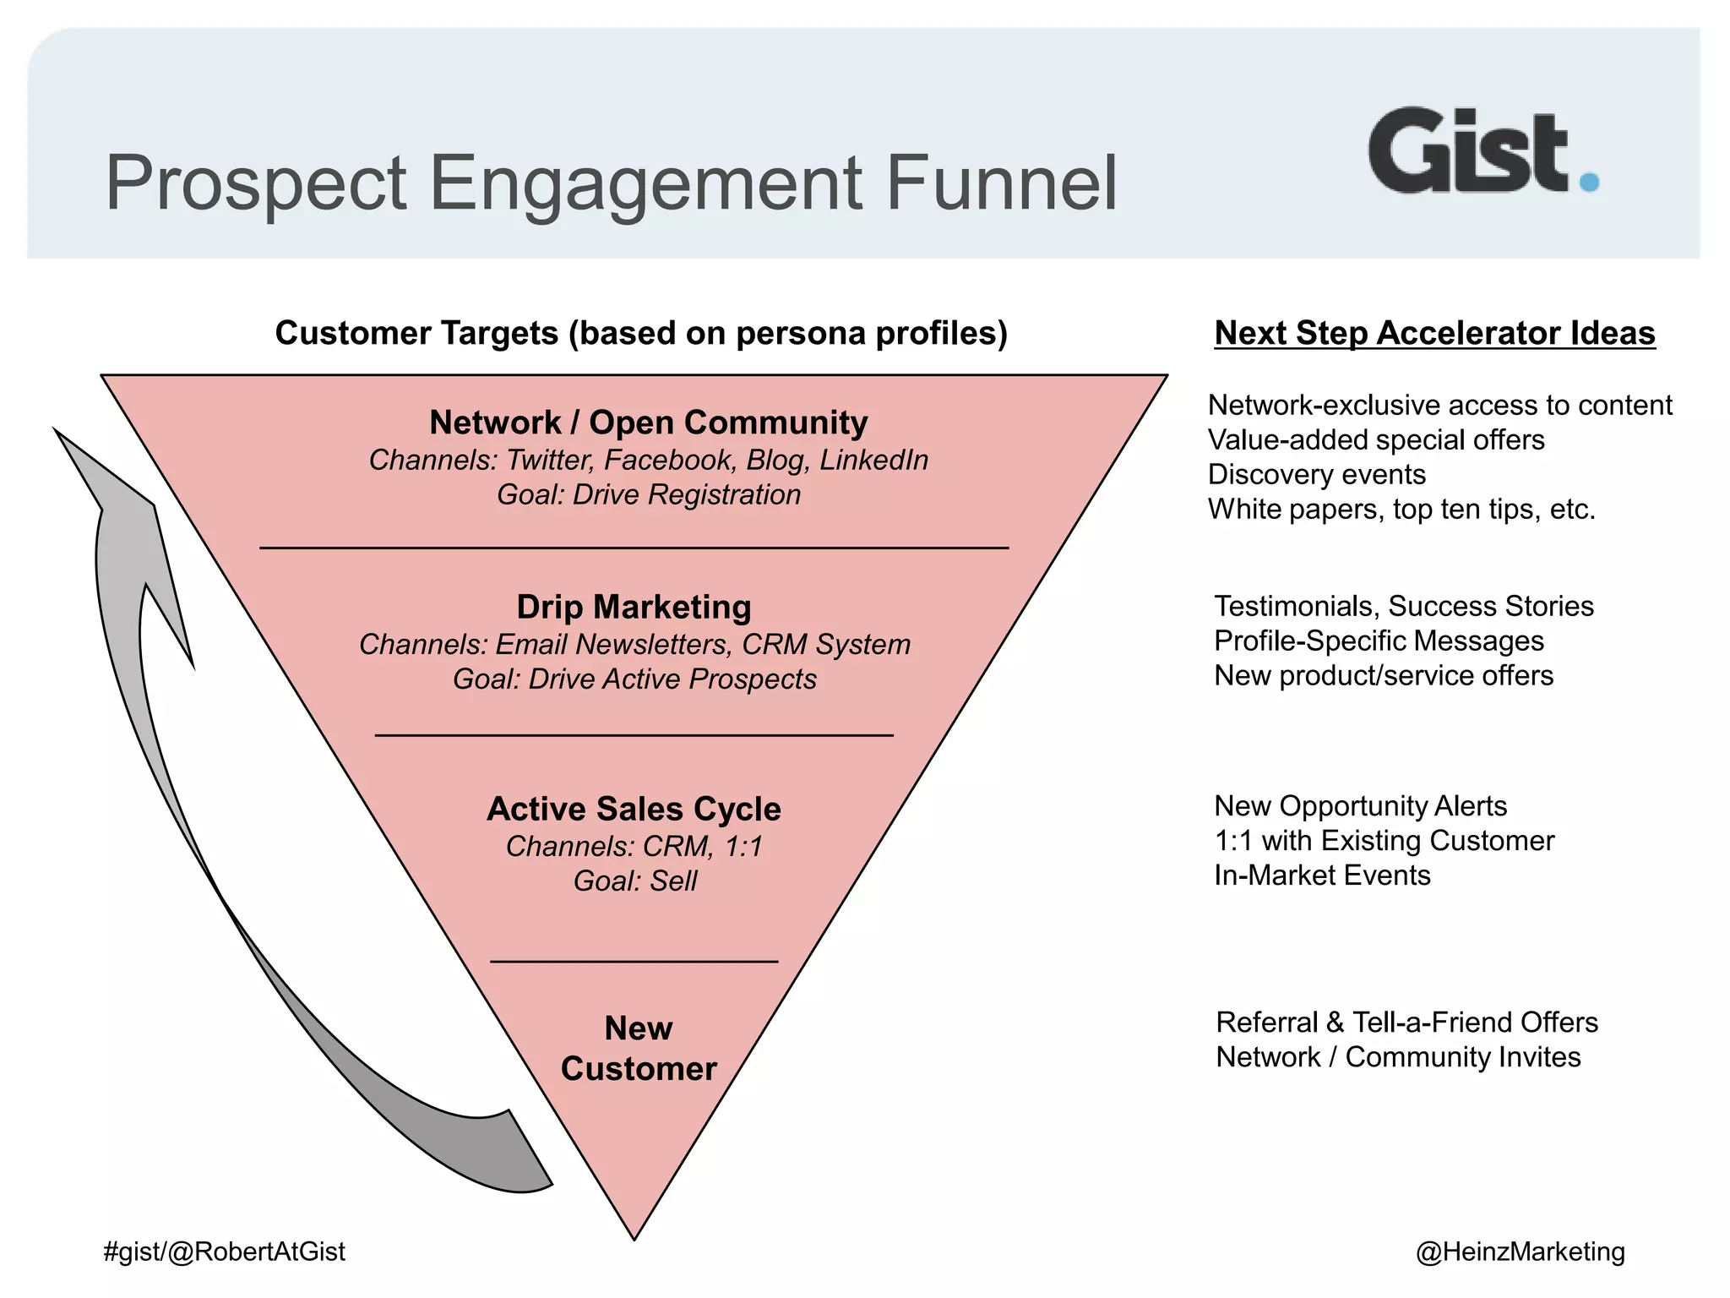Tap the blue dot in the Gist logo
(x=1589, y=182)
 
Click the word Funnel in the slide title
(x=1001, y=183)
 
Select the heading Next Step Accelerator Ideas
(x=1434, y=333)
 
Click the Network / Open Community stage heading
(x=648, y=423)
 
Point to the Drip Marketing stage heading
(x=634, y=607)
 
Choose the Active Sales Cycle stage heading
(x=634, y=809)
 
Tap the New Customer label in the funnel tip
(x=639, y=1049)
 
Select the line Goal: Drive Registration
(x=648, y=494)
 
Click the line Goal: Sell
(x=635, y=881)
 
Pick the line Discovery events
(x=1316, y=474)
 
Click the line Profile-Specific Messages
(x=1379, y=641)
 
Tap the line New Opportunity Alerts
(x=1360, y=806)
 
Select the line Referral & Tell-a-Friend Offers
(x=1406, y=1023)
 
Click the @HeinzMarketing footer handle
(x=1520, y=1252)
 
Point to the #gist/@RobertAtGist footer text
(x=224, y=1252)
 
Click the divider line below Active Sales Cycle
(x=634, y=962)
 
